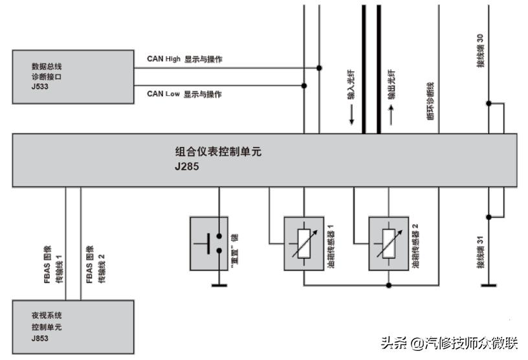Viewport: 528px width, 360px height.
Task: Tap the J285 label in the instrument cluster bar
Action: pos(188,166)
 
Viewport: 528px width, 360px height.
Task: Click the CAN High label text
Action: pos(164,59)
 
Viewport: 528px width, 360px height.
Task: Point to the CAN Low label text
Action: pos(162,94)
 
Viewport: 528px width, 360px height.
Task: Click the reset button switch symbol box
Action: pos(210,243)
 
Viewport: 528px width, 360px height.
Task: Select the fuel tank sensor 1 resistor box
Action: pos(303,243)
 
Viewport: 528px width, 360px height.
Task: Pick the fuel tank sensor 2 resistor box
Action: pos(388,243)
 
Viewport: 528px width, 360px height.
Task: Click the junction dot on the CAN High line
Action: pos(319,67)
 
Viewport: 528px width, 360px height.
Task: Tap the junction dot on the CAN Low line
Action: pos(304,85)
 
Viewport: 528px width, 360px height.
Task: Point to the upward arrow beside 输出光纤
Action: pos(391,115)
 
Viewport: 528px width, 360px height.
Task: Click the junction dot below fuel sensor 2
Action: pos(388,284)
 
